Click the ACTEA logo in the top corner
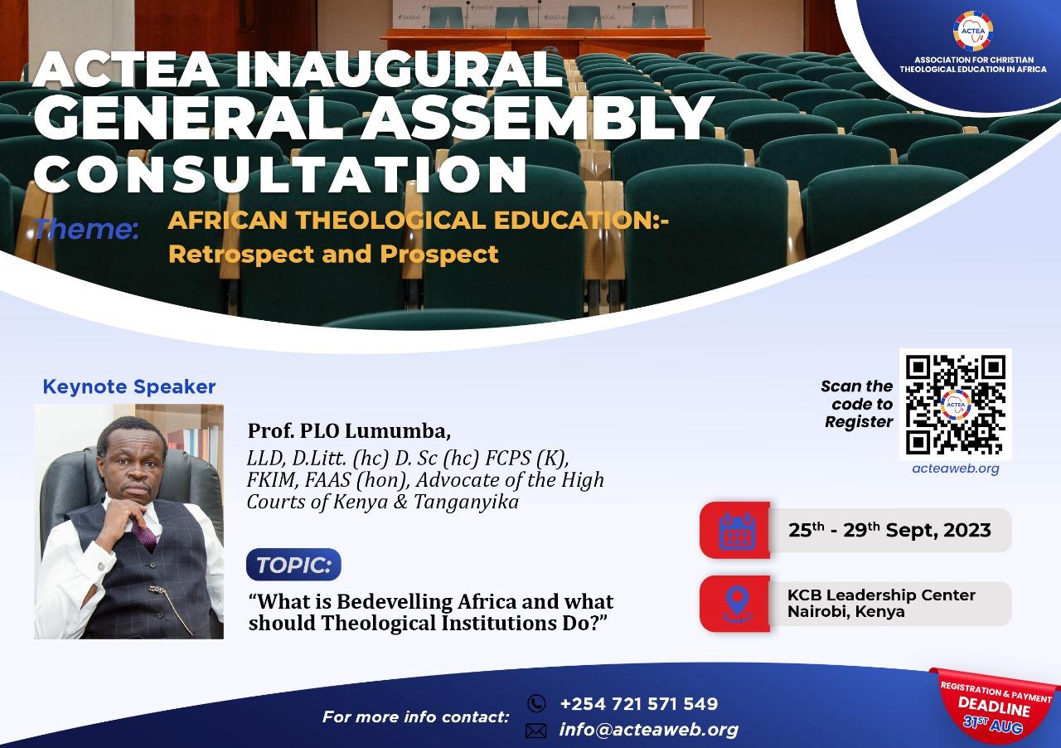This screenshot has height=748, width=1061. click(x=972, y=32)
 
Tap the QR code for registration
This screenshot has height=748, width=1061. click(x=955, y=404)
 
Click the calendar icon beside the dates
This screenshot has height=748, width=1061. click(x=736, y=530)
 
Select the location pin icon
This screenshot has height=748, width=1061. click(x=736, y=604)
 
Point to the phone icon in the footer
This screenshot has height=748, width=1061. click(x=536, y=703)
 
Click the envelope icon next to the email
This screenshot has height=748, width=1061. click(x=536, y=731)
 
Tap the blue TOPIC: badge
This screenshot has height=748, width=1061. click(x=293, y=565)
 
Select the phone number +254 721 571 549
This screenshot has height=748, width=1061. click(x=638, y=704)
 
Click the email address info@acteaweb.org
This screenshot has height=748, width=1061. click(x=648, y=730)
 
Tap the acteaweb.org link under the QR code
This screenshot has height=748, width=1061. click(x=955, y=469)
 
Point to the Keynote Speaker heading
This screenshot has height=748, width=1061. click(x=128, y=386)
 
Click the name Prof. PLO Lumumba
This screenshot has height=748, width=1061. click(x=348, y=431)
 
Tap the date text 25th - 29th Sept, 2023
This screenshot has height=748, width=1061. click(x=889, y=530)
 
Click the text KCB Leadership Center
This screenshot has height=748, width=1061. click(x=881, y=595)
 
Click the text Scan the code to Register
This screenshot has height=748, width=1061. click(x=857, y=404)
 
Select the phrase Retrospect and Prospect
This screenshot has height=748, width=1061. click(x=333, y=254)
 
